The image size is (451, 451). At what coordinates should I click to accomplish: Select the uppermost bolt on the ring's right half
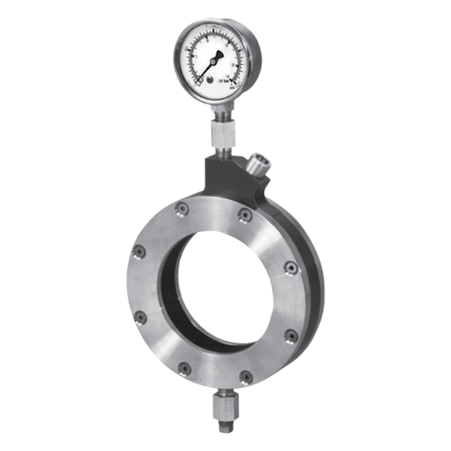(x=244, y=214)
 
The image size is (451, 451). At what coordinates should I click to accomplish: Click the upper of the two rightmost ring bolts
(x=290, y=267)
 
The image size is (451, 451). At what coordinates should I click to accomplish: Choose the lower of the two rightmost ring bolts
(x=290, y=336)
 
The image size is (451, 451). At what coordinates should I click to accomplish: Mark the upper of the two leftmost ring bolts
(x=140, y=253)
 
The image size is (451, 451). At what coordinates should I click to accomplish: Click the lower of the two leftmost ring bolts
(x=140, y=318)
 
